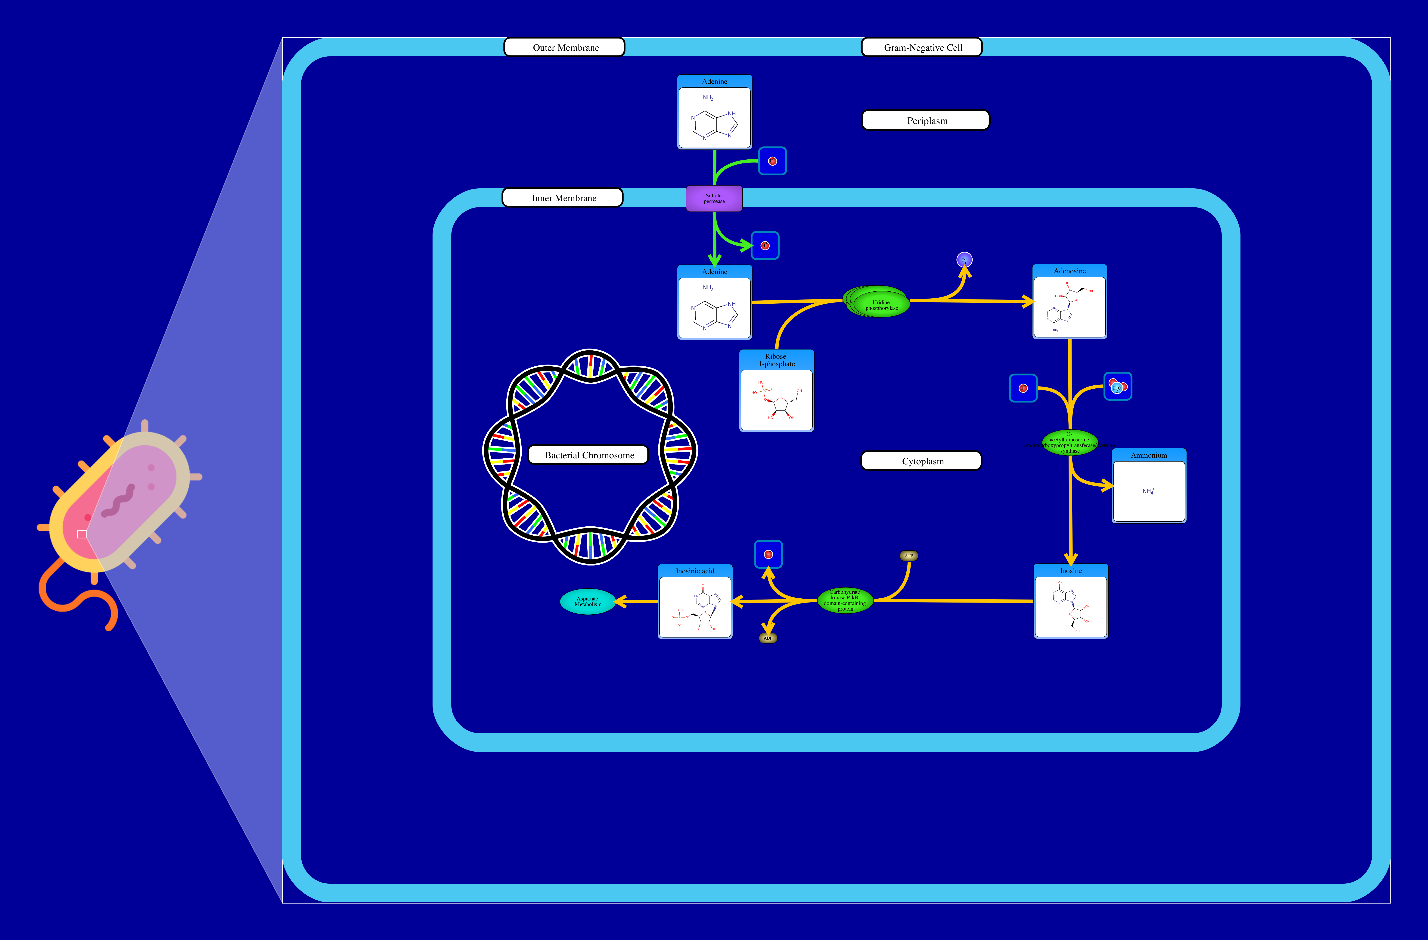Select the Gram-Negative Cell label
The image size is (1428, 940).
coord(922,47)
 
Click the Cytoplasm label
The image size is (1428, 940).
coord(921,461)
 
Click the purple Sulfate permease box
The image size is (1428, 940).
coord(714,199)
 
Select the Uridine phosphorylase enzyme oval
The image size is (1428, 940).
coord(880,304)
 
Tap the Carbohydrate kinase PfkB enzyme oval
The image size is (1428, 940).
coord(845,600)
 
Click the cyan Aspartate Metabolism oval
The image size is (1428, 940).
coord(587,601)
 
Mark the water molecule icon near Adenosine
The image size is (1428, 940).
coord(1117,387)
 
